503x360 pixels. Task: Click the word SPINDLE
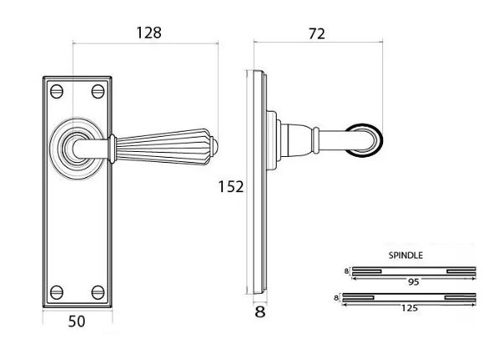click(x=406, y=254)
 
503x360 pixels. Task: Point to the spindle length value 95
click(x=413, y=282)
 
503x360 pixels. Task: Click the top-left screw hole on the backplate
click(x=57, y=88)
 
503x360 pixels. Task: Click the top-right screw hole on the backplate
click(x=98, y=88)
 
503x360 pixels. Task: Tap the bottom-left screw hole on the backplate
click(x=57, y=291)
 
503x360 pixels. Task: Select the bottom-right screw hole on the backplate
click(x=98, y=291)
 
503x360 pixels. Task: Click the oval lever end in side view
click(x=367, y=140)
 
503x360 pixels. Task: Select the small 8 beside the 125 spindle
click(x=337, y=297)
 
